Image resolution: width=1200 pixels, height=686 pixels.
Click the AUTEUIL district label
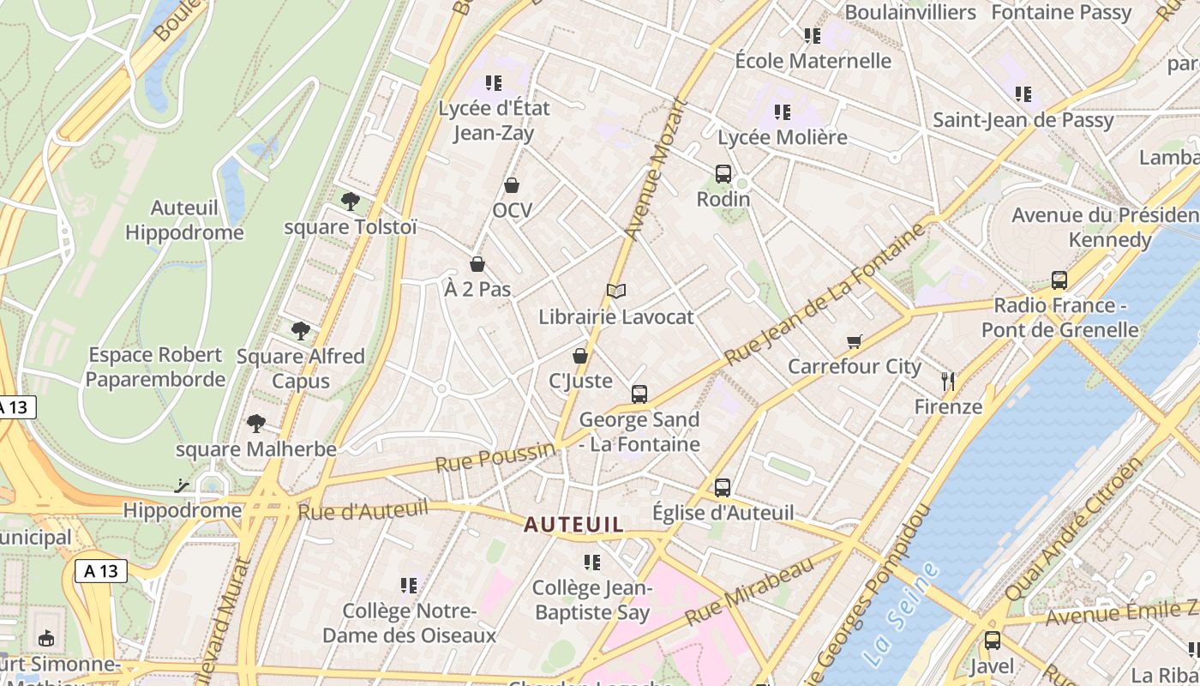(573, 524)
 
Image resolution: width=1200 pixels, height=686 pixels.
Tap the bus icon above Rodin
(723, 174)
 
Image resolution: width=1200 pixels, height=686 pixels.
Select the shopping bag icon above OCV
(512, 185)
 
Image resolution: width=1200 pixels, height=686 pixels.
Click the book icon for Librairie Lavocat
(616, 292)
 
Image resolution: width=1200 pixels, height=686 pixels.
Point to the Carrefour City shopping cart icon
(854, 342)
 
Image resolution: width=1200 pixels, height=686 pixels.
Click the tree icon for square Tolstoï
(350, 202)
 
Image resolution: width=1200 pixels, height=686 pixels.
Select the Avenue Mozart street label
(657, 169)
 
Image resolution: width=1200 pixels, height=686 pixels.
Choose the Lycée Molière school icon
(782, 112)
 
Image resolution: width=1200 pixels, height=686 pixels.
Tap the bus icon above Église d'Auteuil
(723, 488)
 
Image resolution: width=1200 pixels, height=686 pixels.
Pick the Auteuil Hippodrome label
(184, 220)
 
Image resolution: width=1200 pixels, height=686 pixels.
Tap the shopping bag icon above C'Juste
(580, 356)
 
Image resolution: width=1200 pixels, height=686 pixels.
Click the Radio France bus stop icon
(1059, 280)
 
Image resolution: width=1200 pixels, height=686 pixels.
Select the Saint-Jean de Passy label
(1023, 120)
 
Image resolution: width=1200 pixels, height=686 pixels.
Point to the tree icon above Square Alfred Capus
(300, 331)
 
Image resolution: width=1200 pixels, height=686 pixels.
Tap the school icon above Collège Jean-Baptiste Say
(592, 563)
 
